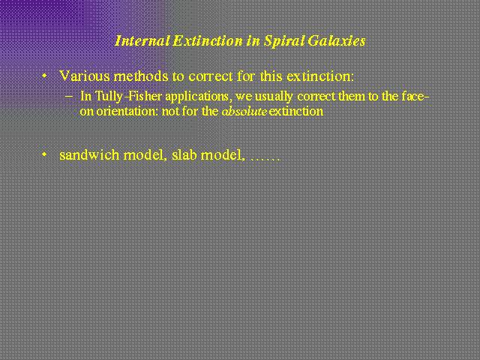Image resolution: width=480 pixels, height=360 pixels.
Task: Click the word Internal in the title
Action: click(x=142, y=40)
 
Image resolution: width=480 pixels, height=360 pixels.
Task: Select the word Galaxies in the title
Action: click(x=337, y=40)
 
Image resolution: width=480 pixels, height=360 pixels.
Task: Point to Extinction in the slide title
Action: click(x=208, y=40)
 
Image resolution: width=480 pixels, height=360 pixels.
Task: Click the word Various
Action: click(x=85, y=76)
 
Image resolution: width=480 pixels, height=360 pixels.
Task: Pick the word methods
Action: click(x=141, y=76)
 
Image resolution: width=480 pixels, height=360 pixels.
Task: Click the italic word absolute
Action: click(x=244, y=111)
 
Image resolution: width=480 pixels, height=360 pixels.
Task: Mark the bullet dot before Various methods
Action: click(x=45, y=75)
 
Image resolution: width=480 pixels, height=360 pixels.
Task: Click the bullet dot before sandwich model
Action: click(x=45, y=154)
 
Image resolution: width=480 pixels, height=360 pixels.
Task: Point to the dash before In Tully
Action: click(x=69, y=97)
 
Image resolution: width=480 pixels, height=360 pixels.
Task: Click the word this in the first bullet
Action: click(x=271, y=76)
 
